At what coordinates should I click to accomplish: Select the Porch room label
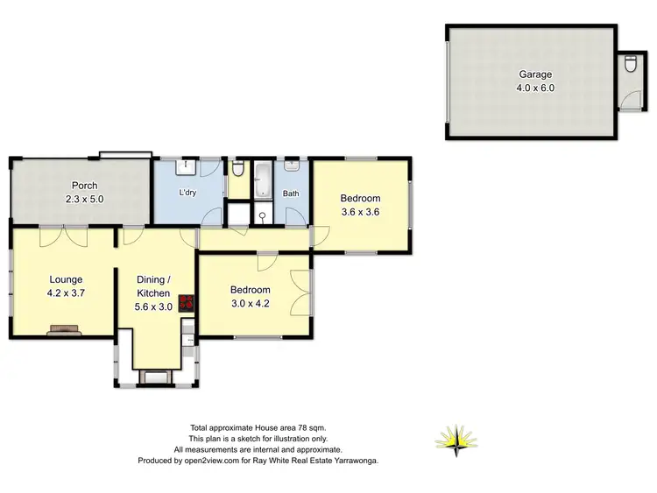[x=85, y=186]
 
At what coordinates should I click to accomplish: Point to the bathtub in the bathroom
[x=263, y=180]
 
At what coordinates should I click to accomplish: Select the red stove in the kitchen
[x=186, y=304]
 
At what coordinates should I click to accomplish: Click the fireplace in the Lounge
[x=65, y=330]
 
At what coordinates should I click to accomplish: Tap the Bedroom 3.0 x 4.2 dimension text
[x=251, y=304]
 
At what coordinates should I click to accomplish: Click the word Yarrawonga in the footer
[x=350, y=460]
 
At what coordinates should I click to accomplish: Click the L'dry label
[x=187, y=193]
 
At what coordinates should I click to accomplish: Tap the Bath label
[x=291, y=194]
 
